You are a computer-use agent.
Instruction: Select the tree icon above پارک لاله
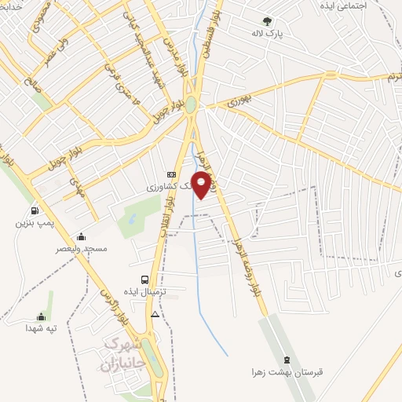(x=267, y=22)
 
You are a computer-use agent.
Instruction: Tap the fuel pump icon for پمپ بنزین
(x=34, y=210)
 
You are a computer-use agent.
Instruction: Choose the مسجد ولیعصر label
(x=80, y=248)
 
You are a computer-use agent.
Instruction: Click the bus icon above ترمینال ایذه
(x=144, y=279)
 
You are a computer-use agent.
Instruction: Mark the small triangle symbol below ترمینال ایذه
(x=155, y=314)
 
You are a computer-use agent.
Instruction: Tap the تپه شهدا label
(x=41, y=327)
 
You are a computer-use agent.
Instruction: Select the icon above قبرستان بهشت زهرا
(x=286, y=359)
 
